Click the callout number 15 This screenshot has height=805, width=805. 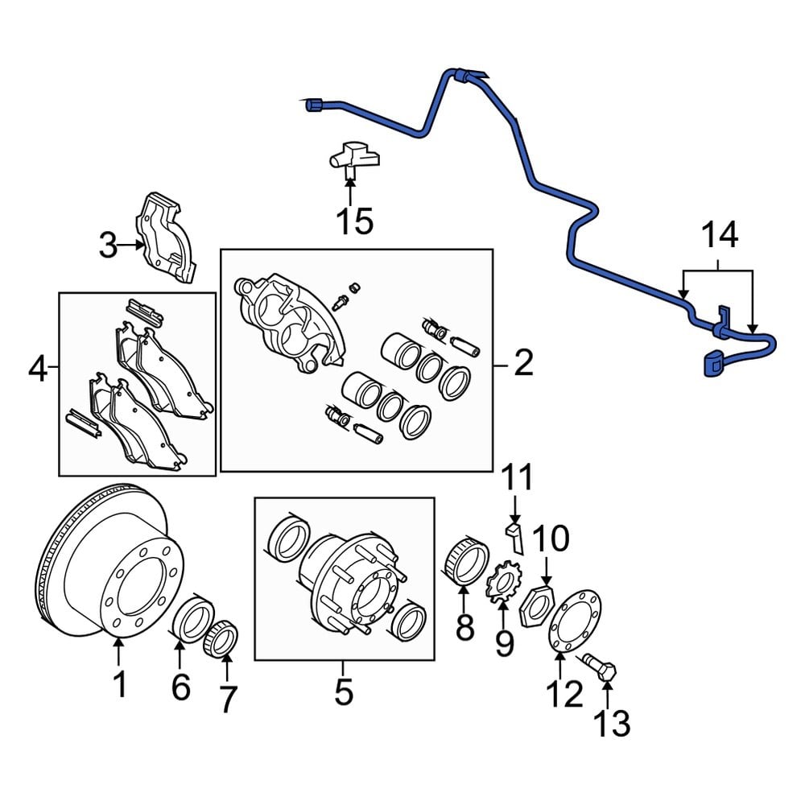[x=355, y=221]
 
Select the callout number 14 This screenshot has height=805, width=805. [x=719, y=236]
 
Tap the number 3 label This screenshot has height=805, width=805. [x=108, y=246]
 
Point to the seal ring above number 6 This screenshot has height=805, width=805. [x=191, y=621]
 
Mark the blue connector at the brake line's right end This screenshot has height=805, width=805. [x=712, y=364]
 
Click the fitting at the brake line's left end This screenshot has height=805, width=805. [x=313, y=105]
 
